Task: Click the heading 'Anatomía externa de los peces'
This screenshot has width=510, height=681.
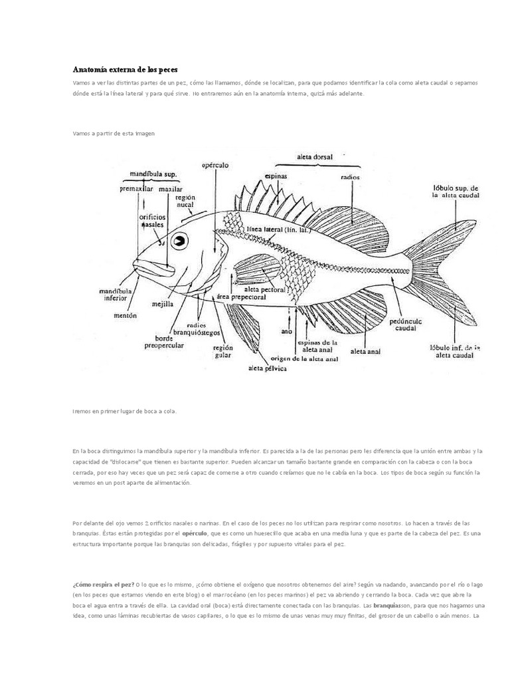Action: click(x=125, y=69)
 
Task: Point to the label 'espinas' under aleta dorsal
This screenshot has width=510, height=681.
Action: click(x=276, y=176)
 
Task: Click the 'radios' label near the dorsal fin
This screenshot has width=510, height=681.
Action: click(x=350, y=178)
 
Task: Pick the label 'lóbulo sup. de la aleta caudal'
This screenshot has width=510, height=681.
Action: click(x=455, y=192)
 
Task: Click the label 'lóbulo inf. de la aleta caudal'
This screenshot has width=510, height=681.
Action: click(x=454, y=351)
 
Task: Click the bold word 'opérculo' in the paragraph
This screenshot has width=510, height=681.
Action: click(x=195, y=533)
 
